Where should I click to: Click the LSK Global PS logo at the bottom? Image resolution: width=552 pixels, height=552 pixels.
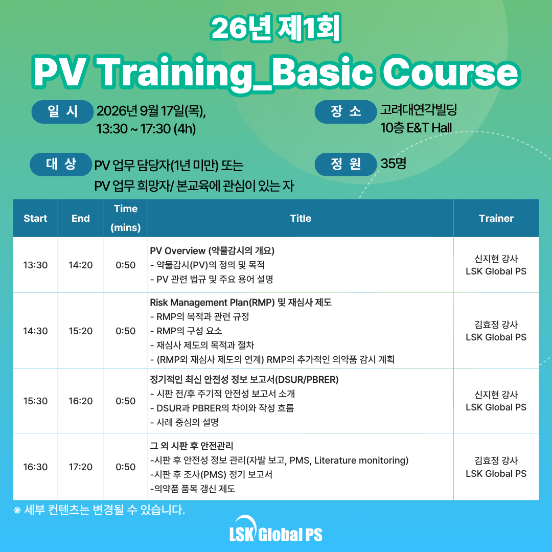[x=275, y=530]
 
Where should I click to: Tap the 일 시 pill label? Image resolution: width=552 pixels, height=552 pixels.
[x=62, y=111]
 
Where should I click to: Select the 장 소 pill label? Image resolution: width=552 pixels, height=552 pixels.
[x=346, y=111]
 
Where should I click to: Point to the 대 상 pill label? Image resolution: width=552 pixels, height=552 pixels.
[x=61, y=164]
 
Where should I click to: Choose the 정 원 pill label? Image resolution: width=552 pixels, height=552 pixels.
[x=346, y=164]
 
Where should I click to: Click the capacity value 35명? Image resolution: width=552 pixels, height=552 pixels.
[x=393, y=164]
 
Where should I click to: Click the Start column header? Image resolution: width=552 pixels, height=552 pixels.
[x=35, y=218]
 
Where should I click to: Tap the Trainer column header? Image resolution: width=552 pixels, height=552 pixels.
[x=496, y=218]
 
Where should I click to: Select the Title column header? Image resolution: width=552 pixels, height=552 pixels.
[x=301, y=218]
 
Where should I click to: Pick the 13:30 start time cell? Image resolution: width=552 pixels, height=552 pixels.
[x=35, y=265]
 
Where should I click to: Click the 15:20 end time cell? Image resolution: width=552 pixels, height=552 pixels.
[x=81, y=331]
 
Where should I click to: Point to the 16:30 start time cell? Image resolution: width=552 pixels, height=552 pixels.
[x=35, y=467]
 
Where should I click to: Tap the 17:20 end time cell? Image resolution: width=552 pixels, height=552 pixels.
[x=81, y=467]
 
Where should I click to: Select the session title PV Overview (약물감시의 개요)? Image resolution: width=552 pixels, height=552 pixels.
[x=212, y=250]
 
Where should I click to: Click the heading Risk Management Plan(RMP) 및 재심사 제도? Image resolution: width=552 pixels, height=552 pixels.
[x=241, y=303]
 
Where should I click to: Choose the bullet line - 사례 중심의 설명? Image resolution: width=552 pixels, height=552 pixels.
[x=185, y=422]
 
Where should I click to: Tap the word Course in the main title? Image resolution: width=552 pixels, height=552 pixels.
[x=450, y=73]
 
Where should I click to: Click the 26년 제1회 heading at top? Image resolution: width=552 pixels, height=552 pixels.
[x=275, y=28]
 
